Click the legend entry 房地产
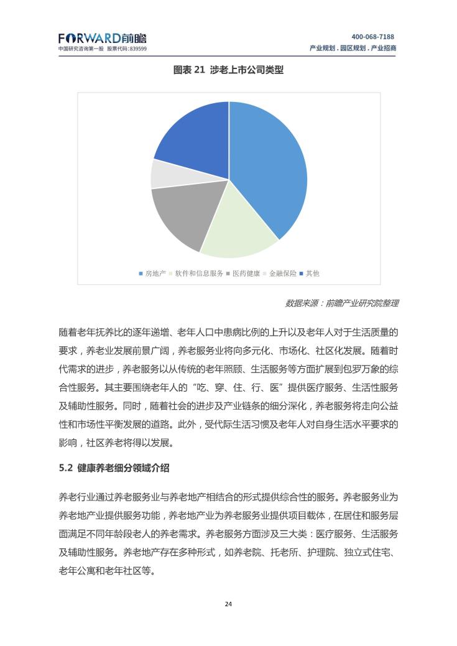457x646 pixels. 152,274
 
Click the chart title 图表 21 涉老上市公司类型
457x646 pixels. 228,70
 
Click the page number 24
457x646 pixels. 228,604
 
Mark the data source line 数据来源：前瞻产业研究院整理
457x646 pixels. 341,303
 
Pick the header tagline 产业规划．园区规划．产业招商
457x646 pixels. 353,48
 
